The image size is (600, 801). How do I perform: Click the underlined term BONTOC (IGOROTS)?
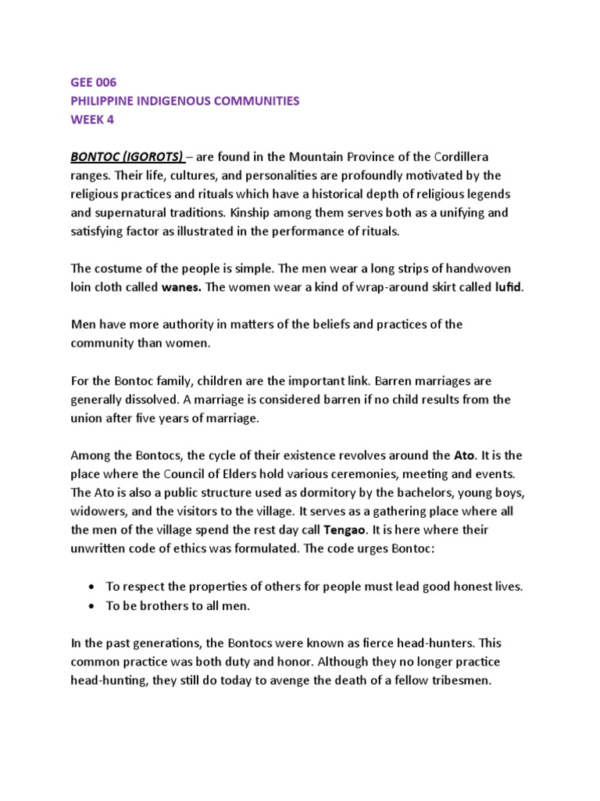click(x=127, y=157)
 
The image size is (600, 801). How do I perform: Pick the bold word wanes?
click(x=182, y=286)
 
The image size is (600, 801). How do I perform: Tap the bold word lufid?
click(x=508, y=286)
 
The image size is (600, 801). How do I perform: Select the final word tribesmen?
click(x=452, y=681)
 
